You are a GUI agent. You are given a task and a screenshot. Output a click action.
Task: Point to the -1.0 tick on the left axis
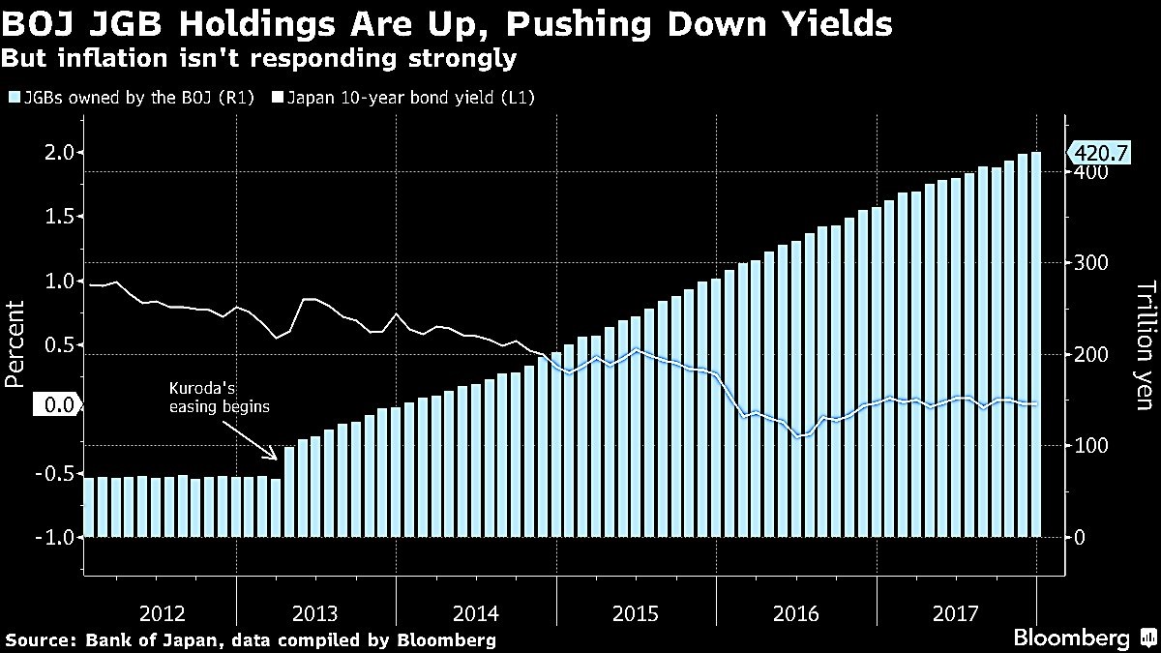[57, 537]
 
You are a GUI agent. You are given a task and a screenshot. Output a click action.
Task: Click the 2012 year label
[162, 613]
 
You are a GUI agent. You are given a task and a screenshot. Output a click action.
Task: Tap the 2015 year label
[637, 613]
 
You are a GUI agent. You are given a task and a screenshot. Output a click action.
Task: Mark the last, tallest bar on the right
[1036, 343]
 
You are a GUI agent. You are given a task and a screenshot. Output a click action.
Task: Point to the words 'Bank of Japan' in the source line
[141, 639]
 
